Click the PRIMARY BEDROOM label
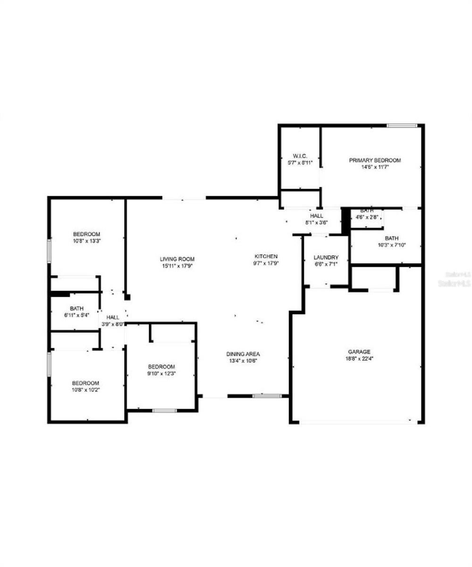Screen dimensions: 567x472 [x=375, y=160]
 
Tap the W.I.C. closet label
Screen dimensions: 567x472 [x=300, y=156]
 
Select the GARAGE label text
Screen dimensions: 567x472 [x=359, y=352]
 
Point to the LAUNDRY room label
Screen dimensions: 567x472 [x=326, y=258]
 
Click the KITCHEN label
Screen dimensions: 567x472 [x=266, y=256]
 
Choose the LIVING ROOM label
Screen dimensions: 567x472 [x=177, y=259]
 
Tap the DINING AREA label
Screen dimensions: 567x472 [x=243, y=354]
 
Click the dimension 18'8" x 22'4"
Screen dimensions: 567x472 [x=359, y=358]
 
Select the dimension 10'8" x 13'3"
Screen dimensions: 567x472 [x=86, y=241]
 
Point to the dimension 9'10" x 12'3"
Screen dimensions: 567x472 [x=161, y=373]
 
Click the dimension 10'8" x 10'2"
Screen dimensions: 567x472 [x=85, y=389]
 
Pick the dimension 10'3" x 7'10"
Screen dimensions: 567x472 [x=392, y=245]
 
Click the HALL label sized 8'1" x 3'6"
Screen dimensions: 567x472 [x=317, y=216]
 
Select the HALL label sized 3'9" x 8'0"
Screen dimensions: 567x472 [x=113, y=318]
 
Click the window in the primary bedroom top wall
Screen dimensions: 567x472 [x=402, y=125]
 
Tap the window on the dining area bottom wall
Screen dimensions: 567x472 [x=267, y=395]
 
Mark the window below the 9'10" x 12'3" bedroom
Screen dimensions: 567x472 [x=164, y=410]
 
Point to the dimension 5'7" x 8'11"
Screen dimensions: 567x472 [x=300, y=163]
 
